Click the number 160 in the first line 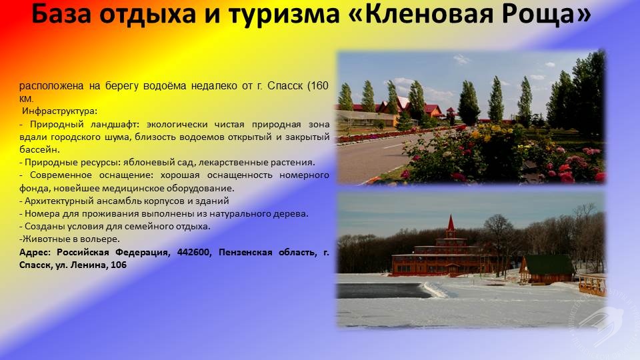[319, 86]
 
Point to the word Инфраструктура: [59, 111]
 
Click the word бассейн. [39, 149]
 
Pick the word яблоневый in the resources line [142, 162]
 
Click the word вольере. [104, 239]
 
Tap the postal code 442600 [194, 252]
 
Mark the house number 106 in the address [119, 265]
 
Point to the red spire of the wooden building [451, 223]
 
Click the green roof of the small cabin [550, 265]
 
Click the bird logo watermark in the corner [601, 323]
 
